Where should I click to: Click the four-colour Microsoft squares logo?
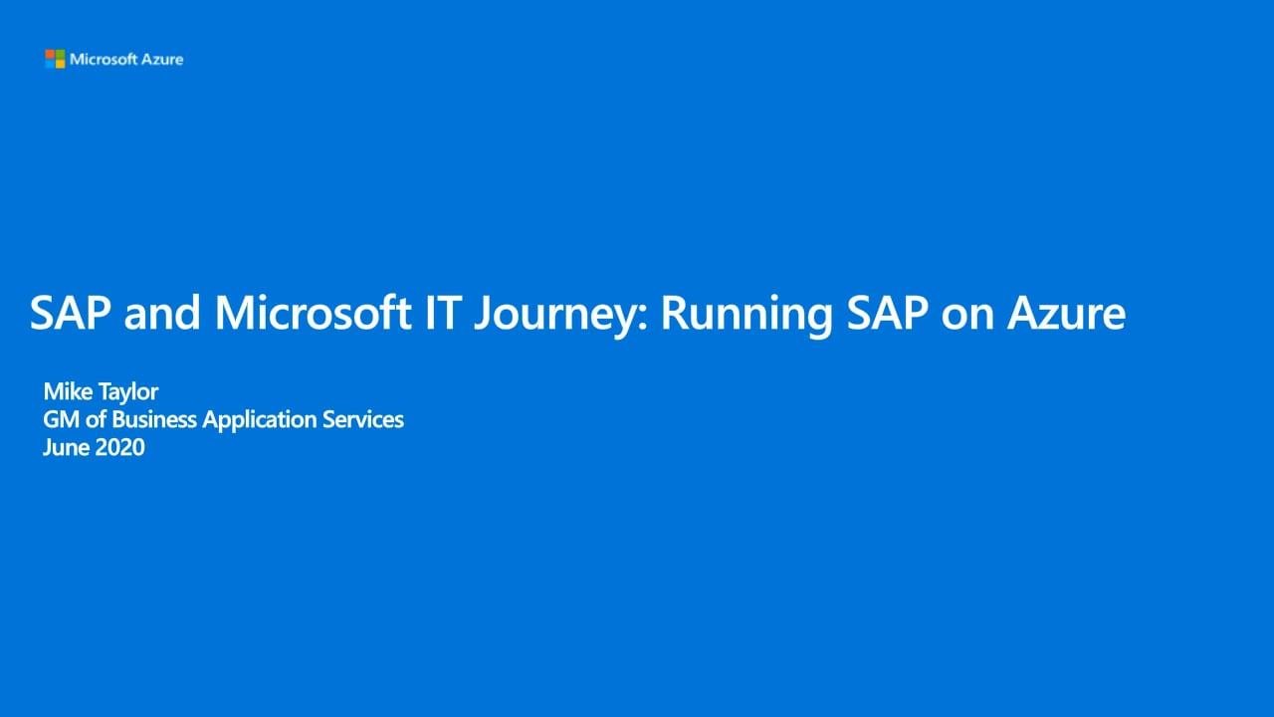coord(55,59)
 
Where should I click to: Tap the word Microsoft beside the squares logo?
coord(104,59)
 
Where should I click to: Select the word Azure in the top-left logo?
coord(162,59)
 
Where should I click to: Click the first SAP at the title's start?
coord(70,313)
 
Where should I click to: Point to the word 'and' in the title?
coord(162,313)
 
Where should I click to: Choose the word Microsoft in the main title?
coord(313,313)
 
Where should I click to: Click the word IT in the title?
coord(443,313)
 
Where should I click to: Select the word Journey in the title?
coord(559,316)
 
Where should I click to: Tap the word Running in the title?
coord(746,316)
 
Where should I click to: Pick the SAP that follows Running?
coord(887,313)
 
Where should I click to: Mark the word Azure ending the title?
coord(1066,313)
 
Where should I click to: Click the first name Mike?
coord(69,391)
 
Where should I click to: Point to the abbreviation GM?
coord(62,420)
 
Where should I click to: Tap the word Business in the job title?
coord(154,420)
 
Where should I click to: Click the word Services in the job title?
coord(363,420)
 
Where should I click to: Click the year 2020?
coord(119,447)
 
